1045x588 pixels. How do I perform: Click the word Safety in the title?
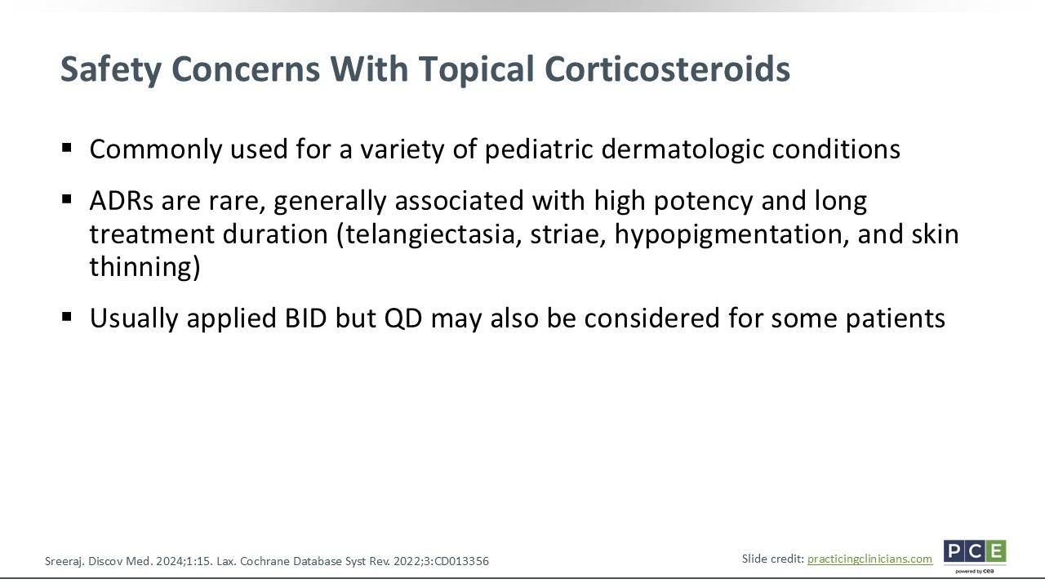coord(111,69)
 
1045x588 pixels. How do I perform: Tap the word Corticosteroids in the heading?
coord(667,69)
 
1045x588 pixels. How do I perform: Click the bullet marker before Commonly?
coord(67,148)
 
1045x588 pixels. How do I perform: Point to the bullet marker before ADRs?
coord(67,199)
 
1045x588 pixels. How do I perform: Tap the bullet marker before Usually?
coord(67,318)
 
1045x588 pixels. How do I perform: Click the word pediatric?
coord(539,149)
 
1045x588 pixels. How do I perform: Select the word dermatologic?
coord(683,149)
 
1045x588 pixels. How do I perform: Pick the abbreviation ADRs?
coord(122,201)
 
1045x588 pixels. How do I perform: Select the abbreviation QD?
coord(403,318)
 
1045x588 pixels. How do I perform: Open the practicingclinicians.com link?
coord(869,559)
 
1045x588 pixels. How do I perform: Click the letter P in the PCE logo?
coord(954,551)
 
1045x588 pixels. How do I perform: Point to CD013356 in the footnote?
coord(461,561)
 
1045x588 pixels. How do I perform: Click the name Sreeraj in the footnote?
coord(64,561)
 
